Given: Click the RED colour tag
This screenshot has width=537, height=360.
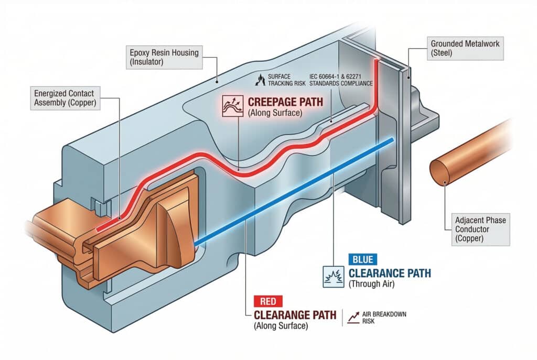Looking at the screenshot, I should coord(268,301).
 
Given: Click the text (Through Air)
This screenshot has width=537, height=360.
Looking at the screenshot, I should coord(371,284).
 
